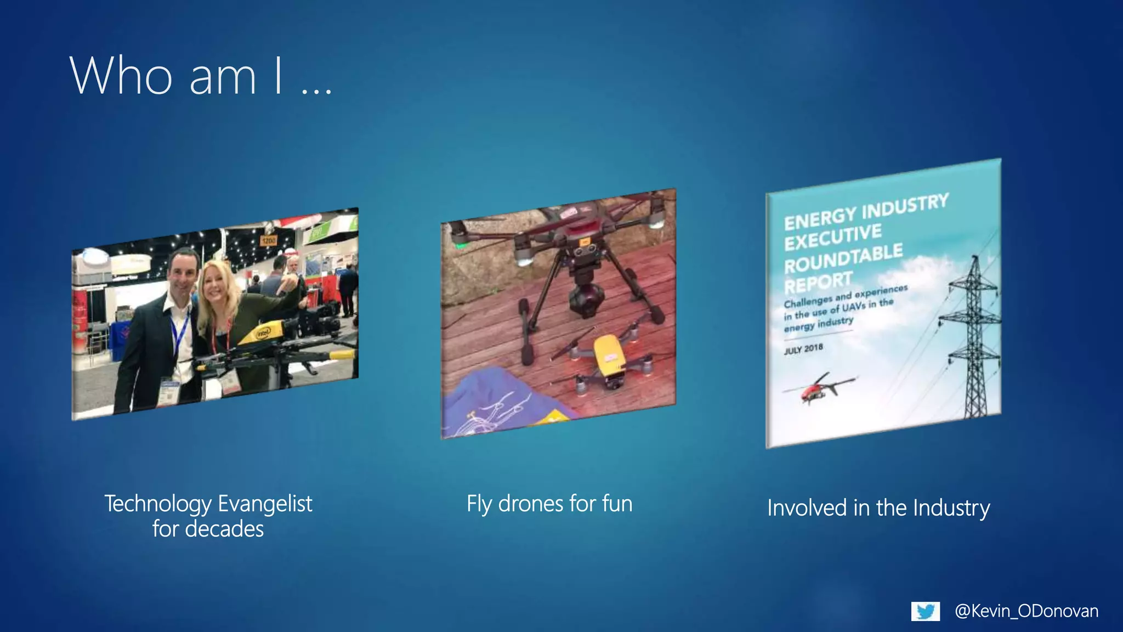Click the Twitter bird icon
[x=926, y=611]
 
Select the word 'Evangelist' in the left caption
[x=265, y=504]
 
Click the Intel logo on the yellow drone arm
[x=263, y=332]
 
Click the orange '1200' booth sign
[x=268, y=241]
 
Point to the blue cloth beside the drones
[x=494, y=406]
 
